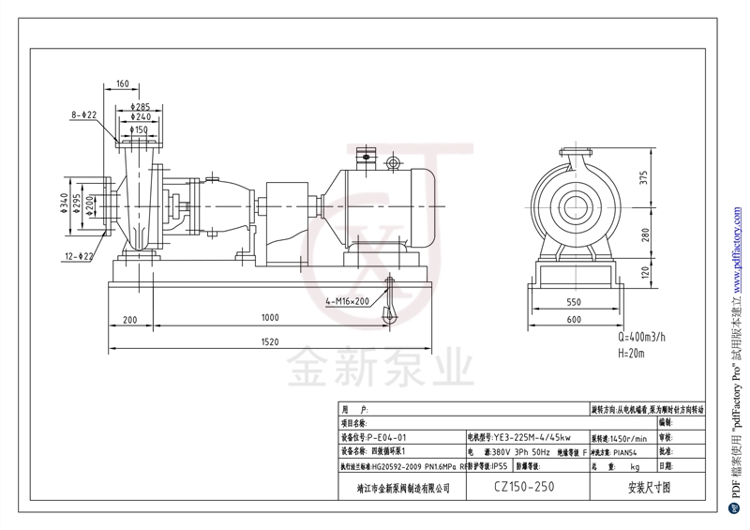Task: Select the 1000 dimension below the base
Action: click(x=270, y=318)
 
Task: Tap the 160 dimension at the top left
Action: click(x=122, y=84)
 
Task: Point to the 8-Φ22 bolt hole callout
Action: click(x=84, y=114)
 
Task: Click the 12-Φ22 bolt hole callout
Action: click(x=81, y=256)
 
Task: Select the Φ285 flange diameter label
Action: click(x=141, y=106)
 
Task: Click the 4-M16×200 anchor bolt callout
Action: click(x=348, y=301)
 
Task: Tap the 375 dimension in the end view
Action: click(x=644, y=179)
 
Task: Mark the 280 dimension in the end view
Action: click(x=644, y=235)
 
